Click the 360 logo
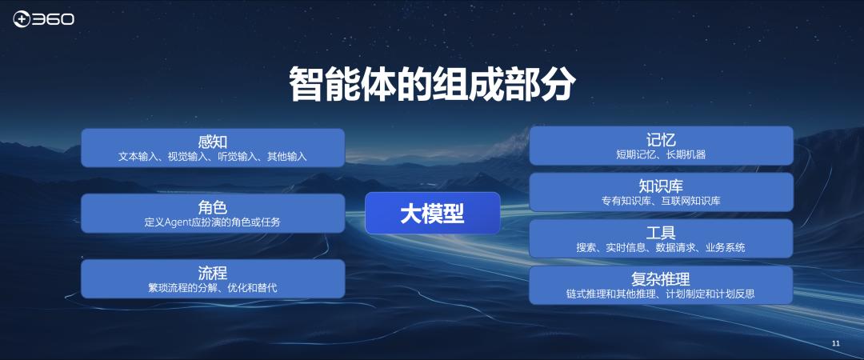pyautogui.click(x=43, y=18)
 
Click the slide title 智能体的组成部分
pyautogui.click(x=432, y=84)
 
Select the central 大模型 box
pyautogui.click(x=432, y=214)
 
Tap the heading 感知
pyautogui.click(x=213, y=142)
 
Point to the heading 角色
pyautogui.click(x=213, y=207)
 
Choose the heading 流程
pyautogui.click(x=213, y=273)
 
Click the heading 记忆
pyautogui.click(x=661, y=139)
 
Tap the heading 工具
pyautogui.click(x=661, y=233)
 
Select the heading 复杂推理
pyautogui.click(x=661, y=279)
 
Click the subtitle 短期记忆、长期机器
pyautogui.click(x=661, y=154)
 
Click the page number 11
pyautogui.click(x=836, y=343)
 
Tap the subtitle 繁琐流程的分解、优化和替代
pyautogui.click(x=213, y=287)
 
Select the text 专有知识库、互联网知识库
pyautogui.click(x=661, y=201)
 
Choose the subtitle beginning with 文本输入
pyautogui.click(x=213, y=157)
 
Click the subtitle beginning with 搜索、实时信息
pyautogui.click(x=661, y=247)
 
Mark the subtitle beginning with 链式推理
pyautogui.click(x=661, y=294)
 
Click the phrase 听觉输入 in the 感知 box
pyautogui.click(x=237, y=157)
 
